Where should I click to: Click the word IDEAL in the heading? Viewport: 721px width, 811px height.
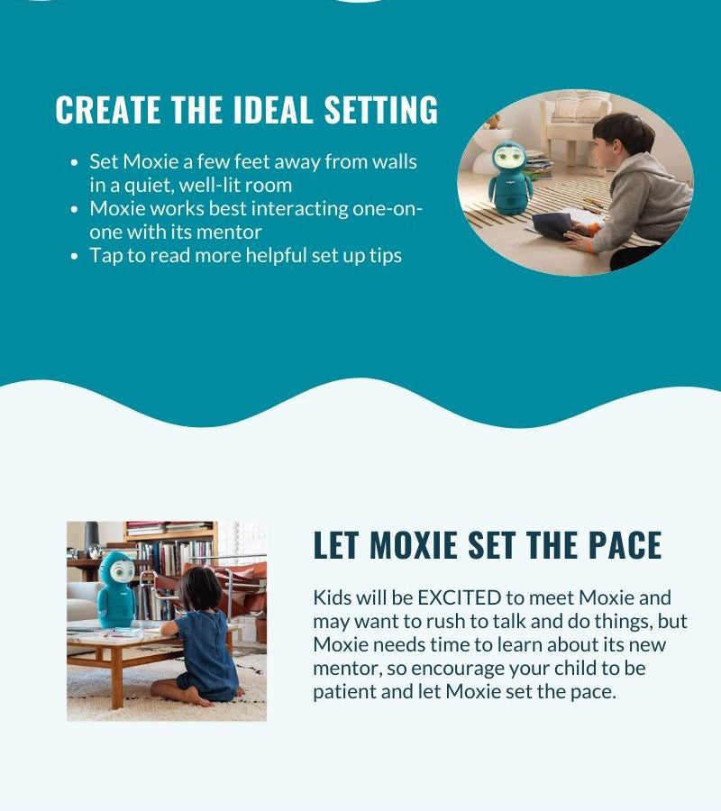pyautogui.click(x=273, y=109)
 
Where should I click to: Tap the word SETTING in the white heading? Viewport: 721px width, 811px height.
pyautogui.click(x=381, y=109)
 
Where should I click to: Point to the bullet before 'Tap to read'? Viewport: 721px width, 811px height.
pyautogui.click(x=75, y=256)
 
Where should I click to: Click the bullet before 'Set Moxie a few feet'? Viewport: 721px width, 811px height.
pyautogui.click(x=75, y=162)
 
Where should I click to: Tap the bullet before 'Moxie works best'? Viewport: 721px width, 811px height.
pyautogui.click(x=75, y=209)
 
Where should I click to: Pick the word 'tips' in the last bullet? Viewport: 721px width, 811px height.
pyautogui.click(x=386, y=256)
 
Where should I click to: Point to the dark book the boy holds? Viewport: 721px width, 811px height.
pyautogui.click(x=552, y=225)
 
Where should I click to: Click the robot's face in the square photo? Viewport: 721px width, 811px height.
pyautogui.click(x=122, y=570)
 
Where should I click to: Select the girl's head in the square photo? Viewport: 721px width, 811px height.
pyautogui.click(x=199, y=588)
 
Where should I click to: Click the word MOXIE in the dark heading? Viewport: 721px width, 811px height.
pyautogui.click(x=414, y=544)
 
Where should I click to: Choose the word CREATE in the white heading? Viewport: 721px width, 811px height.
pyautogui.click(x=107, y=109)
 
